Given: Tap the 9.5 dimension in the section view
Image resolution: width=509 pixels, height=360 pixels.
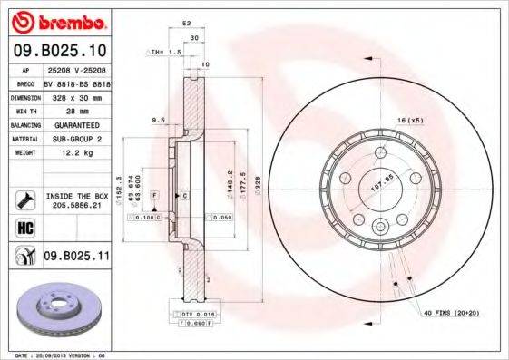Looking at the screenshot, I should point(157,119).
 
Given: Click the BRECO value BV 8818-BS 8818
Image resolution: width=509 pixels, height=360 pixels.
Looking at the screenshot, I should point(83,82).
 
